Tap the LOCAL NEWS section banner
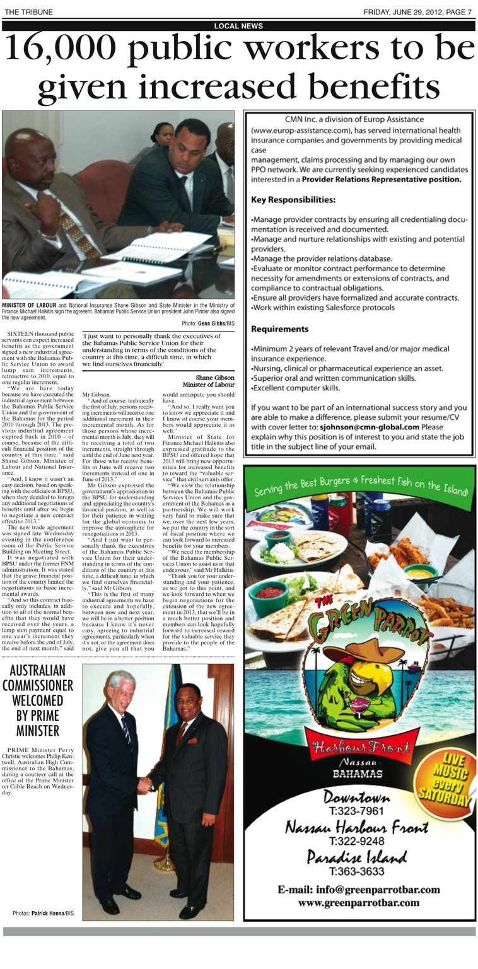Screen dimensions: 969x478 [x=238, y=26]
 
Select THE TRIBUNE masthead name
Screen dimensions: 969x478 [x=28, y=12]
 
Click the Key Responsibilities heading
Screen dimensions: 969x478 [x=293, y=200]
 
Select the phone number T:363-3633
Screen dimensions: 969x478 [x=356, y=872]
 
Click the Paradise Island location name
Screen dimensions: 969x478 [x=356, y=857]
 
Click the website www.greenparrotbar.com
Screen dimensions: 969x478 [x=358, y=903]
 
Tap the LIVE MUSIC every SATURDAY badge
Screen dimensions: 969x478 [x=450, y=779]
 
